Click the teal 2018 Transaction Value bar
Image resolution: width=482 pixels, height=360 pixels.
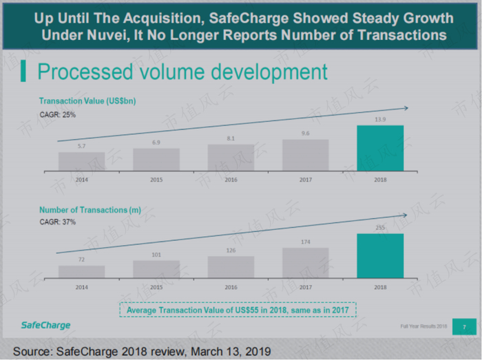point(380,147)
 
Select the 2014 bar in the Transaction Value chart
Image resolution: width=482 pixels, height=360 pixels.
point(81,161)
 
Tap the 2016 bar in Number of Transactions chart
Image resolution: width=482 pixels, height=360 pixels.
point(231,267)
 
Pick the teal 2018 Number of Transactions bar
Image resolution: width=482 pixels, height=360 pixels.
point(380,255)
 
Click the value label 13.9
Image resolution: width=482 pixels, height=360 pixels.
point(380,120)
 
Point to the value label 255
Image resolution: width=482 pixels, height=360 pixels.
point(380,228)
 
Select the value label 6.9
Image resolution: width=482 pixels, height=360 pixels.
point(156,142)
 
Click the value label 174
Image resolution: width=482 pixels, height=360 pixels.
point(305,242)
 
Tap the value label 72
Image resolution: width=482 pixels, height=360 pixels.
point(81,260)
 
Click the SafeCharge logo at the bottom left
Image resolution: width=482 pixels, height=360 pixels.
point(45,325)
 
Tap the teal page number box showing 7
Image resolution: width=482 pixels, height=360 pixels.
point(464,326)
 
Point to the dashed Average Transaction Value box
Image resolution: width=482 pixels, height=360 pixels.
point(238,310)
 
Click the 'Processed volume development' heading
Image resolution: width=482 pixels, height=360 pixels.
point(182,71)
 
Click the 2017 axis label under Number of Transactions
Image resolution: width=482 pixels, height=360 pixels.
point(305,288)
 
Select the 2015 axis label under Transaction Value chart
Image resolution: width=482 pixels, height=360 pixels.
point(156,180)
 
